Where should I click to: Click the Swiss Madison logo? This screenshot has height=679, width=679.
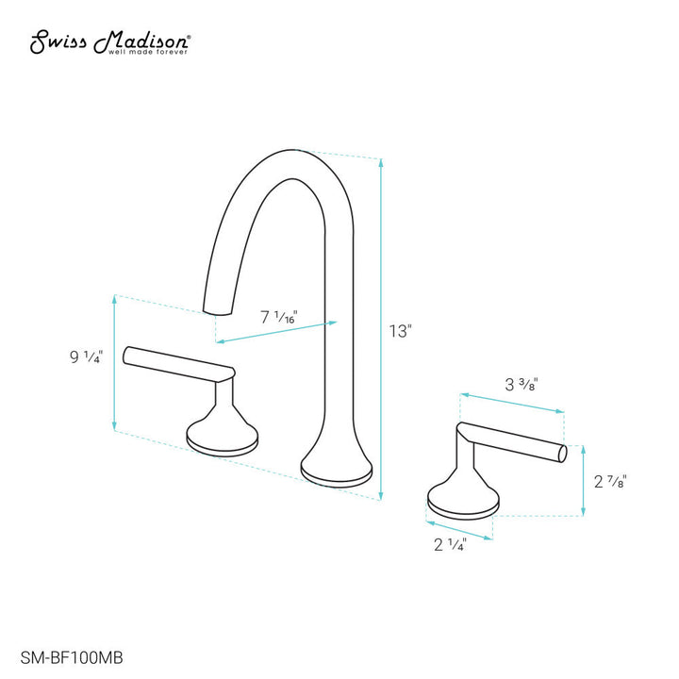(110, 42)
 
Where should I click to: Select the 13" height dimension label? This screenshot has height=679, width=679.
(401, 331)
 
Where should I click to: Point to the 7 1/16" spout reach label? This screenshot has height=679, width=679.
(277, 318)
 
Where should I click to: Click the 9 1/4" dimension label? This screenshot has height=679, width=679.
(86, 356)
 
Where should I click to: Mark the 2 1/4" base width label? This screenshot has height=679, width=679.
(451, 545)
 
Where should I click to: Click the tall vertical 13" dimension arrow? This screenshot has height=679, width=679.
(381, 330)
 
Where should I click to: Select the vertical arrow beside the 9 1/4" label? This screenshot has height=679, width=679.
(114, 363)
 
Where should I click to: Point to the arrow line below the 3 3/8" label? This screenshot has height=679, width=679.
(511, 401)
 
